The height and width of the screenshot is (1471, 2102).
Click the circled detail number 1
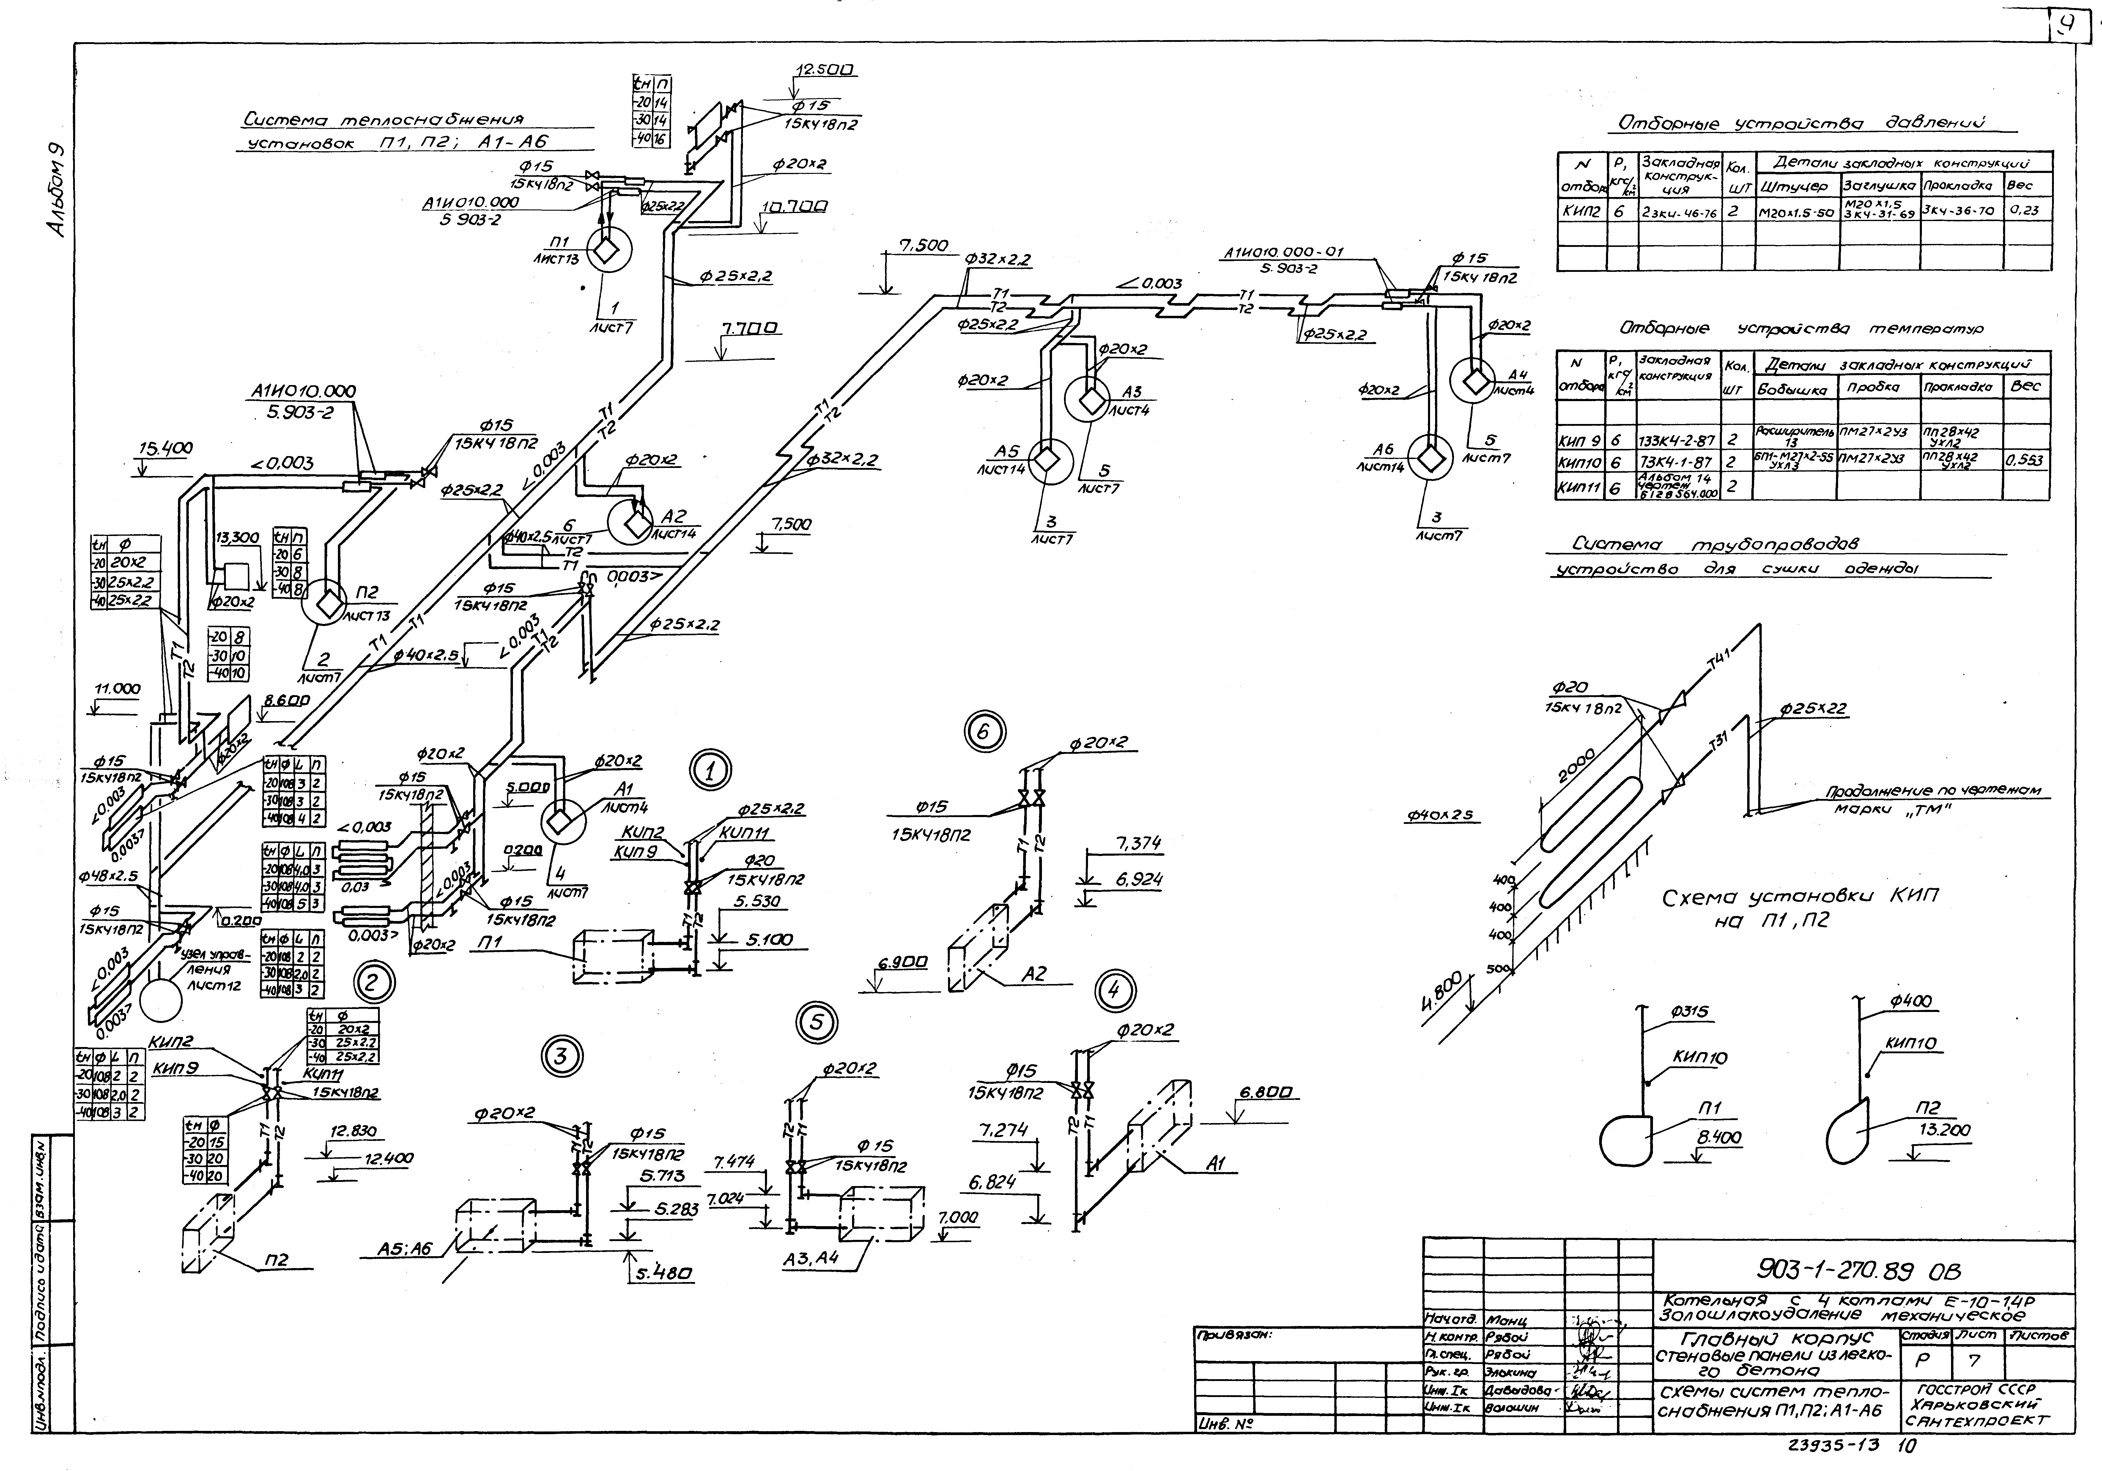click(711, 770)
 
